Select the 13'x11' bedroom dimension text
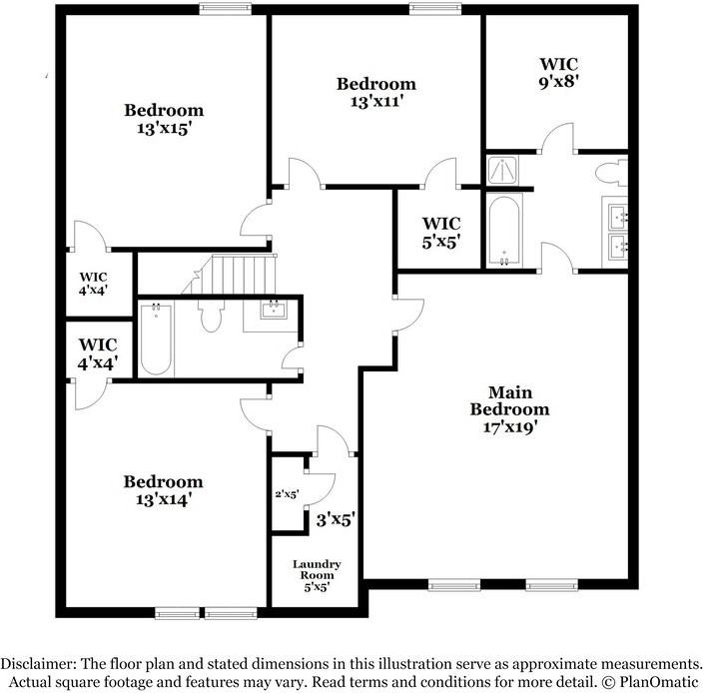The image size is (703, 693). click(375, 101)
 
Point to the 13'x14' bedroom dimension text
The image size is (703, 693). click(163, 498)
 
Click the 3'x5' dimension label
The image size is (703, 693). click(336, 519)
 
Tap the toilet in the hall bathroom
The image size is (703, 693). click(210, 318)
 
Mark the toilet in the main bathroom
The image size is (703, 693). click(611, 172)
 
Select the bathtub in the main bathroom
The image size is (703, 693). click(504, 230)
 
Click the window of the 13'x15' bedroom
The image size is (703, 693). click(224, 9)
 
